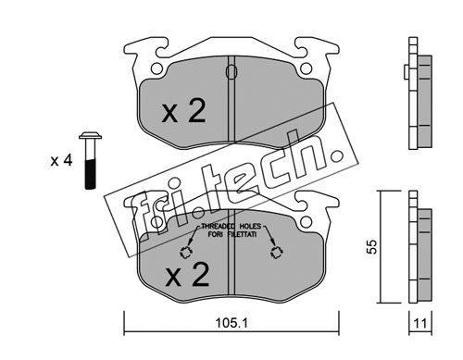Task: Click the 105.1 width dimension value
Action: pyautogui.click(x=231, y=323)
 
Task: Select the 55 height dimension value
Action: pyautogui.click(x=372, y=246)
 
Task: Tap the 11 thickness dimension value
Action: pyautogui.click(x=420, y=324)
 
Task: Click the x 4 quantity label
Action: pyautogui.click(x=61, y=160)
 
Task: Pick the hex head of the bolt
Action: pyautogui.click(x=90, y=136)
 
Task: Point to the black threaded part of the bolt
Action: pyautogui.click(x=90, y=174)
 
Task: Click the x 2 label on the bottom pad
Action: pyautogui.click(x=187, y=275)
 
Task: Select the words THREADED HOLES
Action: pyautogui.click(x=231, y=227)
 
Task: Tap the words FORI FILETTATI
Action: pyautogui.click(x=232, y=234)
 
